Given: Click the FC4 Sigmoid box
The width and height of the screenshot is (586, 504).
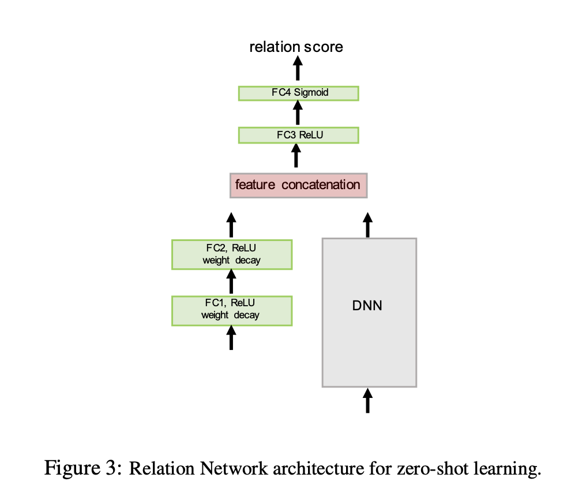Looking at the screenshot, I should click(x=298, y=93).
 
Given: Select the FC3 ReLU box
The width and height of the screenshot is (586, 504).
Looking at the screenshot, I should click(x=298, y=135).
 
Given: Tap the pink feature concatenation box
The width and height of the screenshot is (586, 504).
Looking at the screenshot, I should click(x=298, y=185).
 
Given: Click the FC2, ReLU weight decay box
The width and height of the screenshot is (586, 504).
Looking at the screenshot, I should click(x=232, y=254).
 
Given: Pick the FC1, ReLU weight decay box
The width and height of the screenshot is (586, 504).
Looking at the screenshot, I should click(x=232, y=310).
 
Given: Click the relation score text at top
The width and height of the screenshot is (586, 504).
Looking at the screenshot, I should click(x=296, y=47).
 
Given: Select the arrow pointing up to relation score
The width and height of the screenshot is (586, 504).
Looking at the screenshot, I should click(x=298, y=70).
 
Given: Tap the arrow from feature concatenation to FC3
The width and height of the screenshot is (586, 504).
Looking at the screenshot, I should click(x=298, y=156).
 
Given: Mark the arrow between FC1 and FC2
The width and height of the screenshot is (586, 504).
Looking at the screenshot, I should click(x=232, y=282).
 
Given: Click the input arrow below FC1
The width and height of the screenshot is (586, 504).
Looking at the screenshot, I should click(x=232, y=338).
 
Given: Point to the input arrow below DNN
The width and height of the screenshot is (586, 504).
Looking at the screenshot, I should click(x=367, y=400).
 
